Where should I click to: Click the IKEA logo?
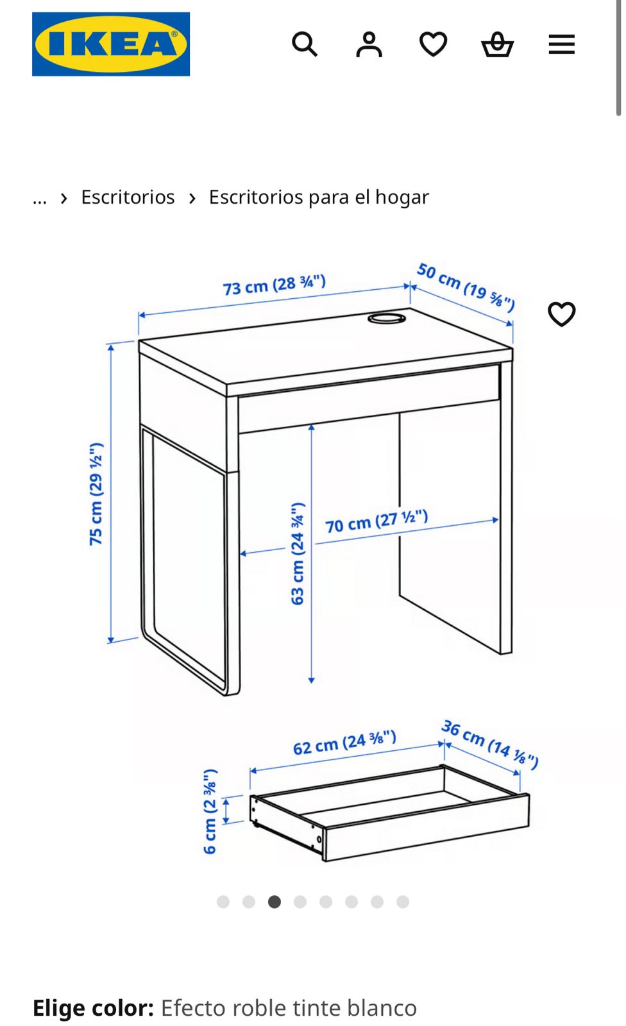click(111, 44)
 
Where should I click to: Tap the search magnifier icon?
click(305, 44)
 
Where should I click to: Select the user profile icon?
click(369, 44)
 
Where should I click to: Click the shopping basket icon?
click(497, 44)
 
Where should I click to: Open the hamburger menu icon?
click(561, 44)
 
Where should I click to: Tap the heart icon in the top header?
click(433, 44)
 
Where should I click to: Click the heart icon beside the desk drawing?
click(561, 314)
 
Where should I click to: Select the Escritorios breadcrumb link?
click(128, 198)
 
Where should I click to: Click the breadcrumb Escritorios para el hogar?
click(319, 198)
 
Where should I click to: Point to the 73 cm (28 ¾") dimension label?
click(275, 285)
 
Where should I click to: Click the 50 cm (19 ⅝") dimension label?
click(466, 287)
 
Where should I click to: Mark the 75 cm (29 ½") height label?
click(96, 494)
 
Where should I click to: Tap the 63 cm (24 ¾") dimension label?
click(298, 553)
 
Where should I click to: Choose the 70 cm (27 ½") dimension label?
click(376, 521)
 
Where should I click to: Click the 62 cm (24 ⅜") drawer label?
click(344, 743)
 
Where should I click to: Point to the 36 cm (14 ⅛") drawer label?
click(489, 744)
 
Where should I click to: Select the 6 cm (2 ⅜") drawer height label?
click(210, 812)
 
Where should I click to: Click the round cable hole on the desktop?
click(386, 317)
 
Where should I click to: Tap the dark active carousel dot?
click(274, 902)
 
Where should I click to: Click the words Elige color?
click(93, 1008)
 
